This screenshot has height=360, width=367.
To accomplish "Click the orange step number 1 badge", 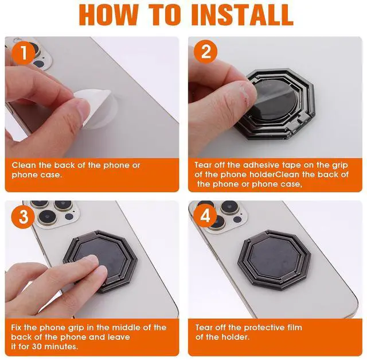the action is [x=24, y=53].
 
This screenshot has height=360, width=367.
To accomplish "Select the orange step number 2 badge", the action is [x=205, y=52].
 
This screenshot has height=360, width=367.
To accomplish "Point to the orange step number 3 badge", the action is [x=23, y=216].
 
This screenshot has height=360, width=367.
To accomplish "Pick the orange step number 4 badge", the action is [x=205, y=216].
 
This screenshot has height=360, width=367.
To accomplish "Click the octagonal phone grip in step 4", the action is [x=274, y=260].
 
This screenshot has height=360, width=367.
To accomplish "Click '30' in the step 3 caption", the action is [x=37, y=346].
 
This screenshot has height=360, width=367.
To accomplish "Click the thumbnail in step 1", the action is [x=82, y=110].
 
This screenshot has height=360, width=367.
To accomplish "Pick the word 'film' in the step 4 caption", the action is [x=295, y=327].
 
